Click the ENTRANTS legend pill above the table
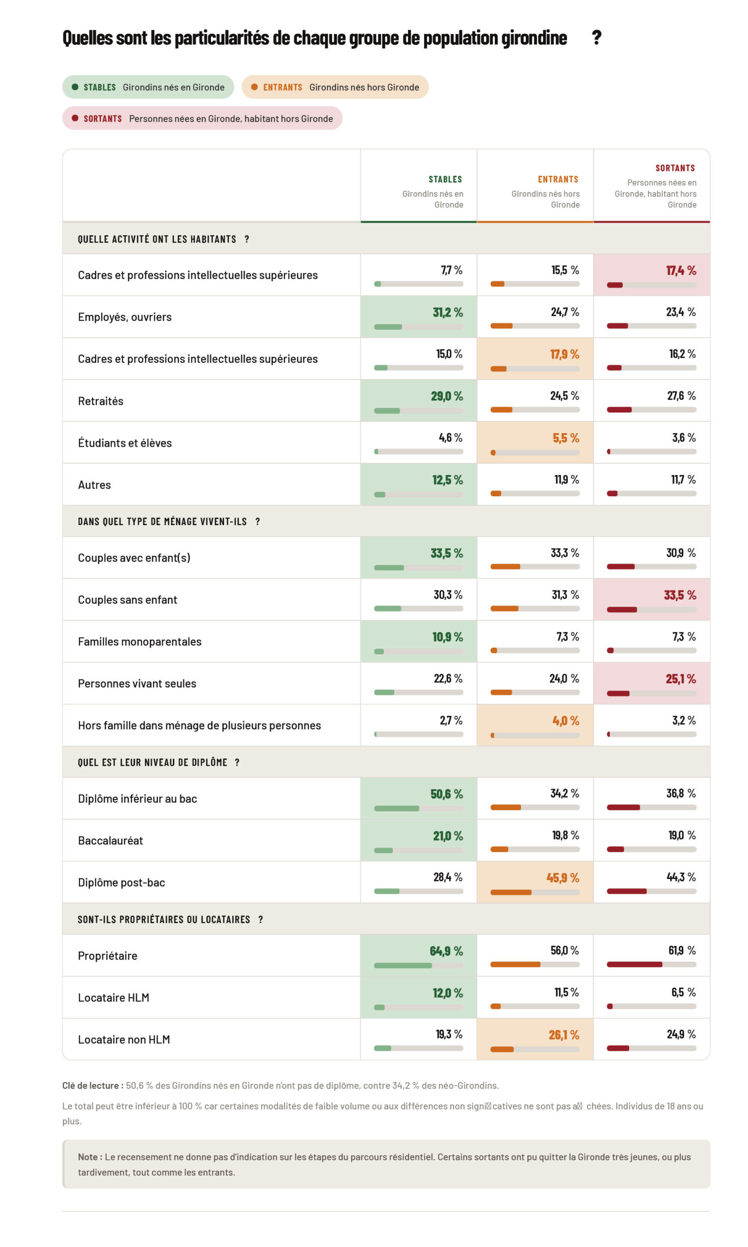pos(335,87)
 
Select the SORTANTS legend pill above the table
pos(202,118)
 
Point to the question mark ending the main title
pos(597,38)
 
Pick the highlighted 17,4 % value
pos(681,271)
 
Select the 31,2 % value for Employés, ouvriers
pos(448,313)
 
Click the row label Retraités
pos(100,401)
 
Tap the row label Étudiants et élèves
pos(125,443)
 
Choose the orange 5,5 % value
pos(565,438)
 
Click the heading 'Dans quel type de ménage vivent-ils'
pos(169,522)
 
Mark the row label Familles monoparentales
pos(140,642)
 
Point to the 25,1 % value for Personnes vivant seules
pos(680,679)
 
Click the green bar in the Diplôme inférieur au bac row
pos(396,809)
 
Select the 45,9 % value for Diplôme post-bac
pos(562,878)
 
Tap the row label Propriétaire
pos(107,956)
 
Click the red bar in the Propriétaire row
pos(634,964)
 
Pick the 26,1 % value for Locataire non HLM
pos(563,1035)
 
